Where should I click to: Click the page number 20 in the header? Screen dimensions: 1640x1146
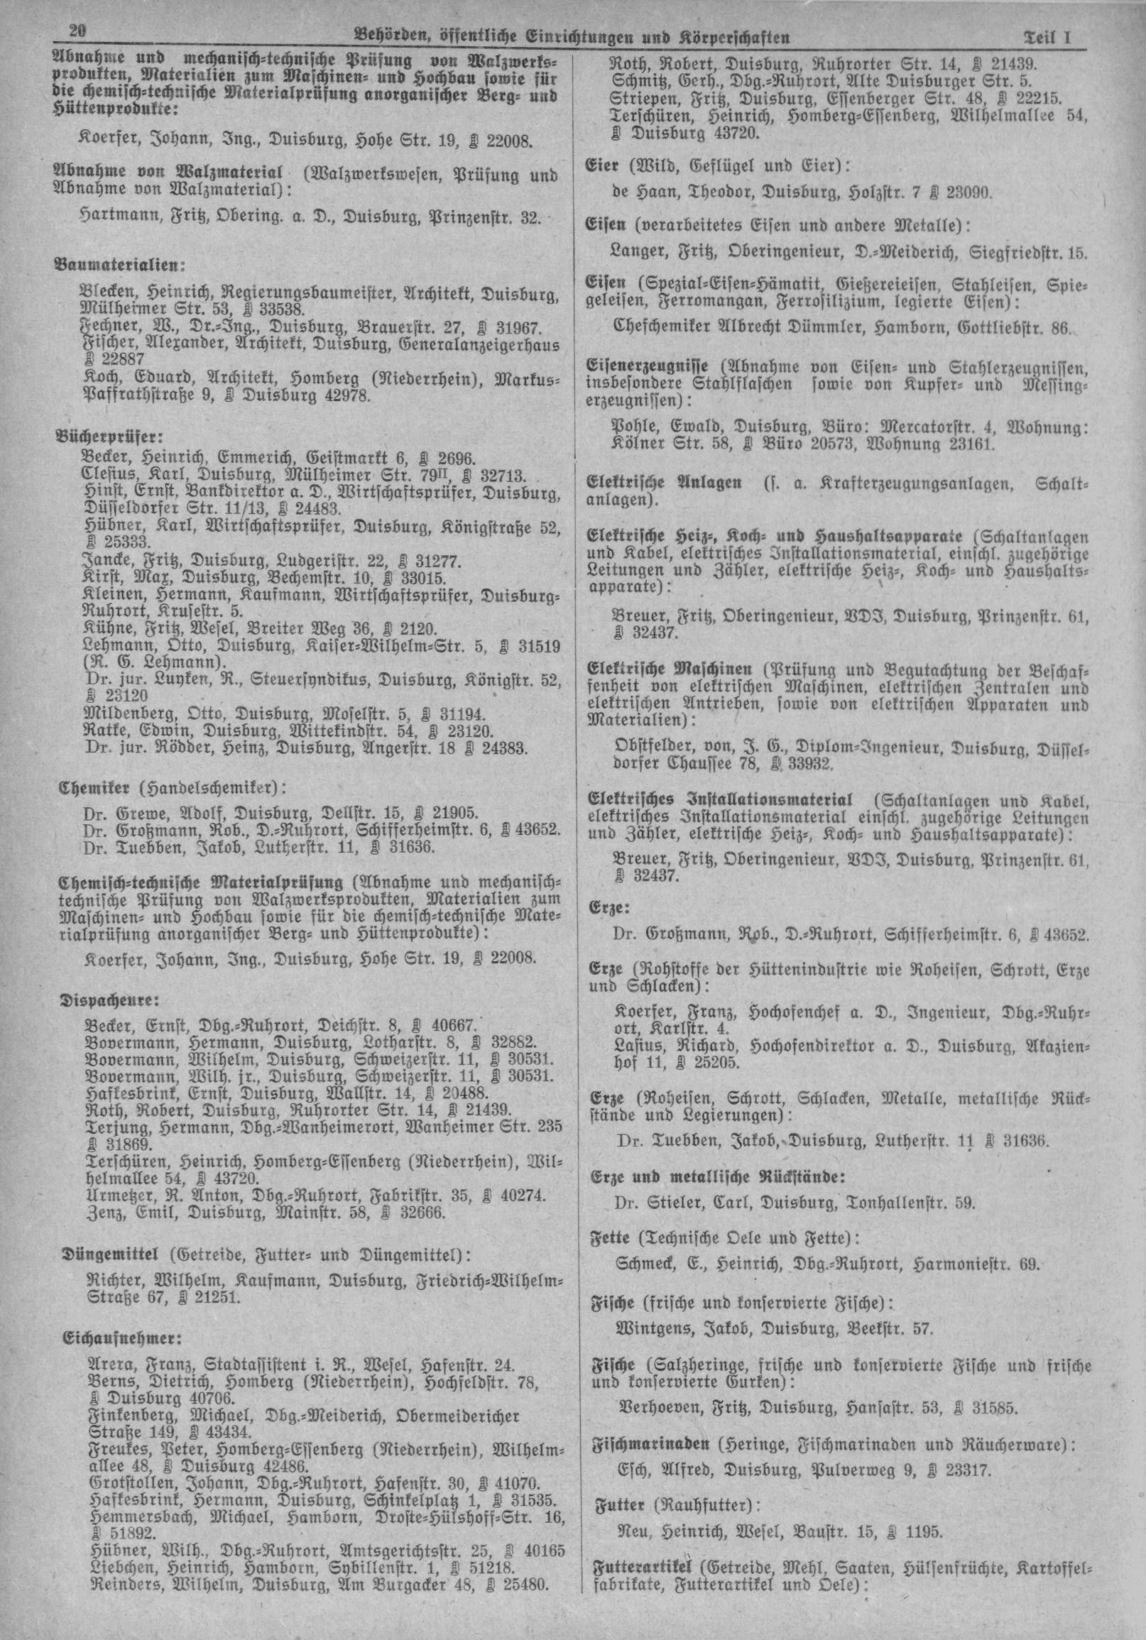77,32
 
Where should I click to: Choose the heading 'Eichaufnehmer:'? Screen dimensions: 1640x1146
113,1316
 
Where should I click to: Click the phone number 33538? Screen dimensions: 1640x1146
283,311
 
